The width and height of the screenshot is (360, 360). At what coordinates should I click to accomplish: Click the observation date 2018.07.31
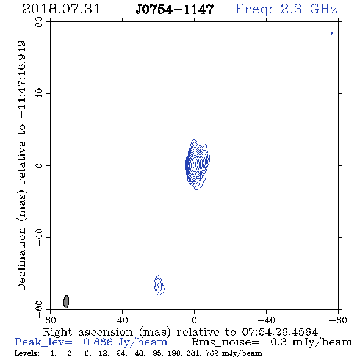[x=61, y=9]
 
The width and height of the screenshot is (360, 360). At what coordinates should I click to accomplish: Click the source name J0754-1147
[x=175, y=10]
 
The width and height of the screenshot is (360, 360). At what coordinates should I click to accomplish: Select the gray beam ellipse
[x=66, y=301]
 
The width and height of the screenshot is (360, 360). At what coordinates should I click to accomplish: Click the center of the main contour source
[x=195, y=165]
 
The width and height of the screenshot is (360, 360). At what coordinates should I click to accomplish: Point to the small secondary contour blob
[x=159, y=285]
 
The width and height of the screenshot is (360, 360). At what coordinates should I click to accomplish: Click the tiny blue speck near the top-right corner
[x=332, y=34]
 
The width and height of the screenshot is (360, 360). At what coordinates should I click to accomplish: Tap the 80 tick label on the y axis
[x=39, y=22]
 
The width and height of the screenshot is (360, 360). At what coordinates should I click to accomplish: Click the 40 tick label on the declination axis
[x=39, y=94]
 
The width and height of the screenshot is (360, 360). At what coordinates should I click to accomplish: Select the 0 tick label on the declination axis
[x=39, y=165]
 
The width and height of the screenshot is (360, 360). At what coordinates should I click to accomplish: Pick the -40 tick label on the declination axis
[x=39, y=237]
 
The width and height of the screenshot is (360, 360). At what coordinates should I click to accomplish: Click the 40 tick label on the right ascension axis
[x=122, y=320]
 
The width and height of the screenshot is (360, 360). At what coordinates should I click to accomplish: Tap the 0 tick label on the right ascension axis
[x=194, y=320]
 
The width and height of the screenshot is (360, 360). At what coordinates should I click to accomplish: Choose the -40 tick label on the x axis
[x=266, y=320]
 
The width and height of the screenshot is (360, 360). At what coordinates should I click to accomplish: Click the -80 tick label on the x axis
[x=338, y=320]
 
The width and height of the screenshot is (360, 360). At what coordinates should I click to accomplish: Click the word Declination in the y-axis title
[x=21, y=259]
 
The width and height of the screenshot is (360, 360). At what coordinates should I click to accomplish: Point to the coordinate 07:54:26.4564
[x=280, y=332]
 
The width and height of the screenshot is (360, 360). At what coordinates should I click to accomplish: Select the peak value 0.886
[x=98, y=342]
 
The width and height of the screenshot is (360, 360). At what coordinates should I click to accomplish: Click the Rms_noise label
[x=225, y=342]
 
